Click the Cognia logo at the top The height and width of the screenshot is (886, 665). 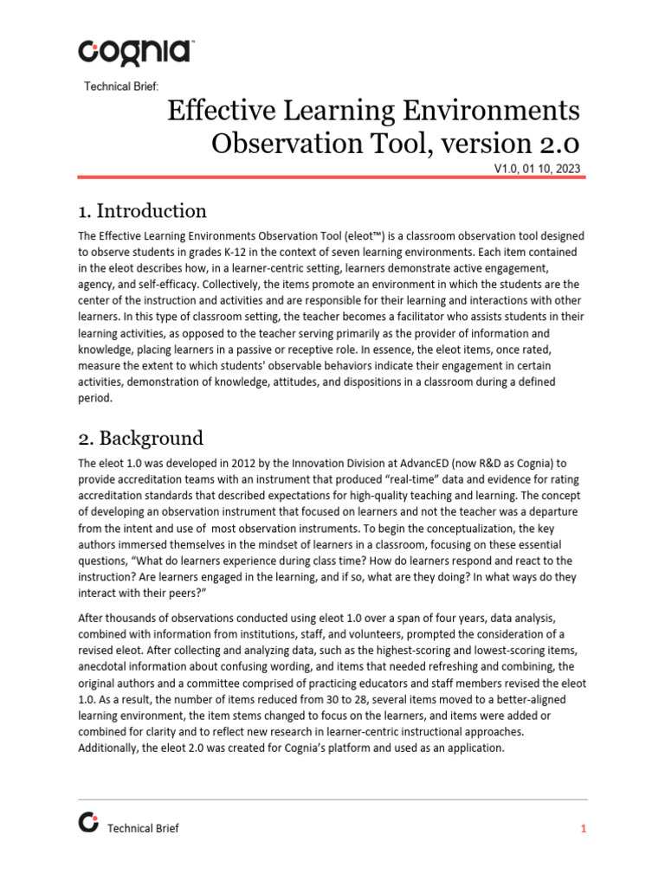point(134,51)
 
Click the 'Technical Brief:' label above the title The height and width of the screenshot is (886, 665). point(121,86)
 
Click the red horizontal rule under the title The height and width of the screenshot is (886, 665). point(332,177)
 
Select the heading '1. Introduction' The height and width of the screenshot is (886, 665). point(143,211)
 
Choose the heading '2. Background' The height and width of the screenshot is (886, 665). point(141,438)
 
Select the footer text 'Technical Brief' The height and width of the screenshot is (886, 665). point(143,829)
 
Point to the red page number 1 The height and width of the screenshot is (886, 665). point(584,829)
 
